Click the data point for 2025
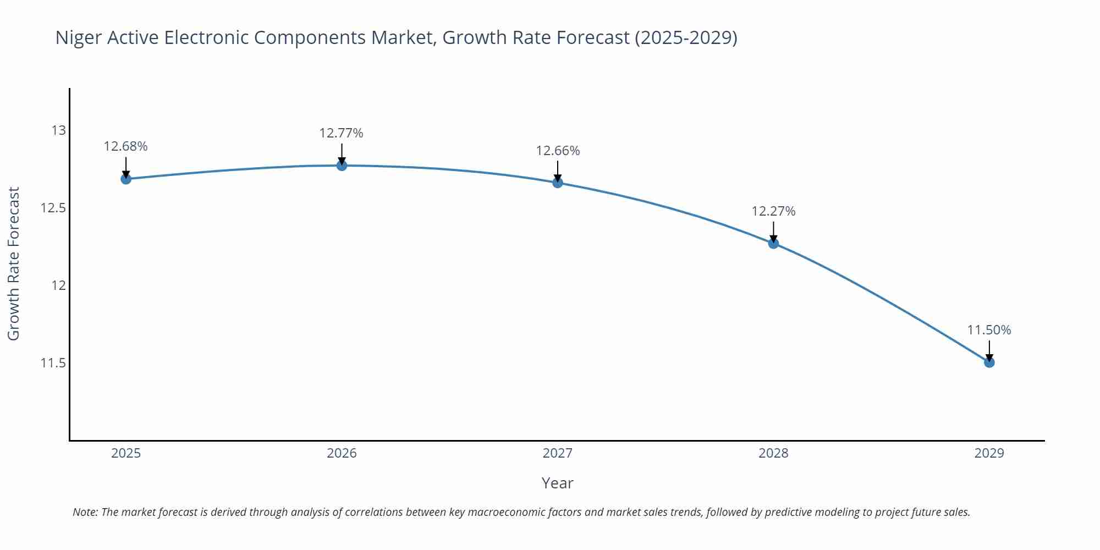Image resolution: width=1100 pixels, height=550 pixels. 126,179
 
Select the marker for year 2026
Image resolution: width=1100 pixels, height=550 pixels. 342,165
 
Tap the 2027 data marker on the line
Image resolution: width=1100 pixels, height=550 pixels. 558,183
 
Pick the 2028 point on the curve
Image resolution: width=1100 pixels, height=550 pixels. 773,243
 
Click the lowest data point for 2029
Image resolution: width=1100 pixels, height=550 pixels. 989,362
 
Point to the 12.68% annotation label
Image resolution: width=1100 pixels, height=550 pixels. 125,146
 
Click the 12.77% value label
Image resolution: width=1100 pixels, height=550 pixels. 341,133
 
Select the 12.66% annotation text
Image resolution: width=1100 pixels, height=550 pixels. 558,151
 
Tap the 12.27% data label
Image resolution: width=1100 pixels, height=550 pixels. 773,211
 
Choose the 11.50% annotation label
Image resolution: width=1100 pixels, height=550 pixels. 989,330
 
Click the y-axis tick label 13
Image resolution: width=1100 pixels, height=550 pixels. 58,130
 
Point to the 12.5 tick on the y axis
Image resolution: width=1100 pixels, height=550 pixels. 53,208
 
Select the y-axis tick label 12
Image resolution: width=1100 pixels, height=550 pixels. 58,285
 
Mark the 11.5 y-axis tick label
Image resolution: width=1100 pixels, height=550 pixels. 53,363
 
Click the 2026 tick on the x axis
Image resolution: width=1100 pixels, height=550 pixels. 342,453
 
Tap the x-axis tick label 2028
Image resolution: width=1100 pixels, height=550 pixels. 773,453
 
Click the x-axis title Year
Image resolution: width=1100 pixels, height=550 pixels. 557,483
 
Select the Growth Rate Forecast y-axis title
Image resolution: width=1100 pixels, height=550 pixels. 14,263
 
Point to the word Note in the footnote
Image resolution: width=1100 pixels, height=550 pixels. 85,512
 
